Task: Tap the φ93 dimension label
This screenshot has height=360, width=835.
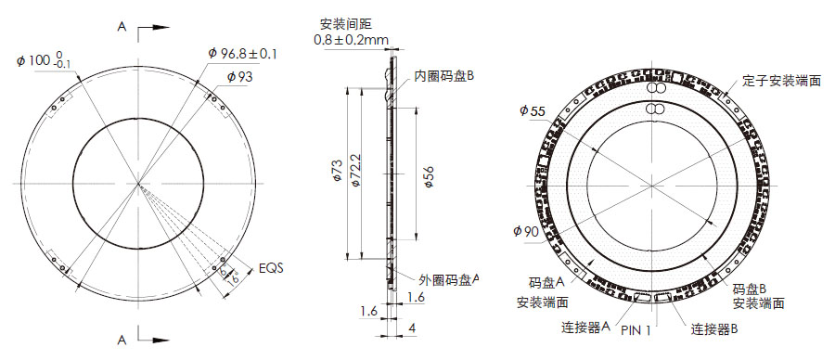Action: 238,77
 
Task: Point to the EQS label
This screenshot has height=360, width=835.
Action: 271,267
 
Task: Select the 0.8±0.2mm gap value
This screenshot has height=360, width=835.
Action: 352,40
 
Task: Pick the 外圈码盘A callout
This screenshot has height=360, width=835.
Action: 449,278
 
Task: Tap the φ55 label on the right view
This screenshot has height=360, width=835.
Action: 533,110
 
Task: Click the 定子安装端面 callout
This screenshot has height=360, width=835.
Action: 781,81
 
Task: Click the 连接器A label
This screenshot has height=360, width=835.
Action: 584,327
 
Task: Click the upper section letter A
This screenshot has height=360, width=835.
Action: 122,28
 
